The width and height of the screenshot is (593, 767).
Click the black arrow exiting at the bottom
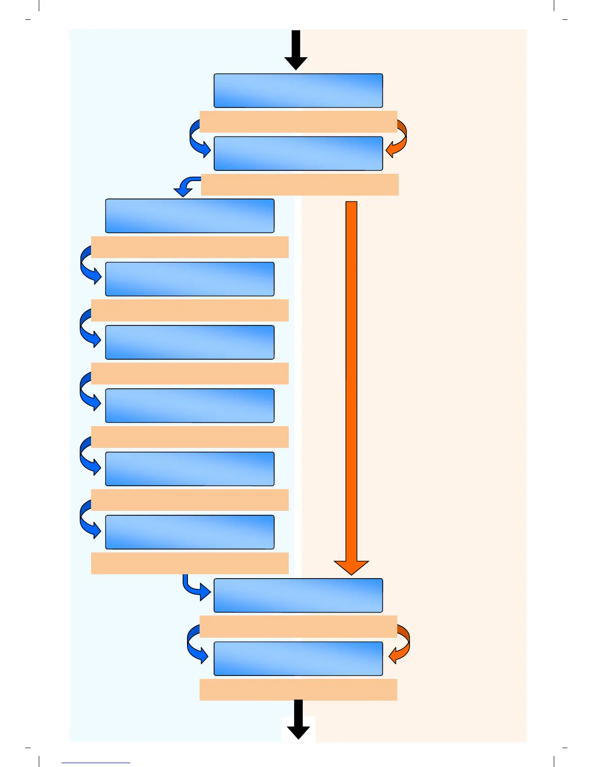(x=298, y=719)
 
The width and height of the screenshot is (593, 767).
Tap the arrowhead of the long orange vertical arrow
(x=351, y=567)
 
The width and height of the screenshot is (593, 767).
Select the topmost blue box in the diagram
(x=298, y=91)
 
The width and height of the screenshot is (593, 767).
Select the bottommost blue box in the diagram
(x=298, y=659)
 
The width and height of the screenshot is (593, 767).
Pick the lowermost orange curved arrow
(x=402, y=644)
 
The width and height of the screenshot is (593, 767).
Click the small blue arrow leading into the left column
(x=187, y=186)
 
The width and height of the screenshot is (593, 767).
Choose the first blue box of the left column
(x=190, y=216)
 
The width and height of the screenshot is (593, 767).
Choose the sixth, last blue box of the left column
(x=190, y=532)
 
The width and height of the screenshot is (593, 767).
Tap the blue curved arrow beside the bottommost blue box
(x=196, y=644)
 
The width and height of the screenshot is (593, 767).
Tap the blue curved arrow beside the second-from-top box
(x=198, y=140)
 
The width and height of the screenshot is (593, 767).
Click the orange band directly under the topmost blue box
(x=298, y=122)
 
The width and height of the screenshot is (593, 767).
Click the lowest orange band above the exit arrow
(x=298, y=690)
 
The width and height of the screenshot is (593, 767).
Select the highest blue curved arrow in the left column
(x=89, y=265)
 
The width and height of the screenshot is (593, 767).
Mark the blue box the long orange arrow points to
(x=298, y=596)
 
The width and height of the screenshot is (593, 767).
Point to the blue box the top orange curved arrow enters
(x=298, y=153)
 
